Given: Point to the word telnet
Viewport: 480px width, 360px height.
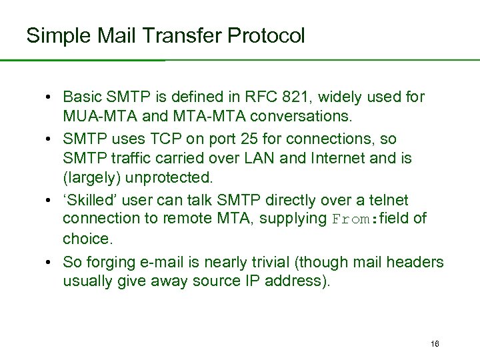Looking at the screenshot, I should [x=385, y=200].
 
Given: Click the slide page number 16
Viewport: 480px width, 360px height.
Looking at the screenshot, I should [x=435, y=344].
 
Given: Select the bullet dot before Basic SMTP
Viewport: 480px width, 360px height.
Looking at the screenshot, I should [x=50, y=97].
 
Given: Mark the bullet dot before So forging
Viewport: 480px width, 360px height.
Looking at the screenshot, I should [x=50, y=262].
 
